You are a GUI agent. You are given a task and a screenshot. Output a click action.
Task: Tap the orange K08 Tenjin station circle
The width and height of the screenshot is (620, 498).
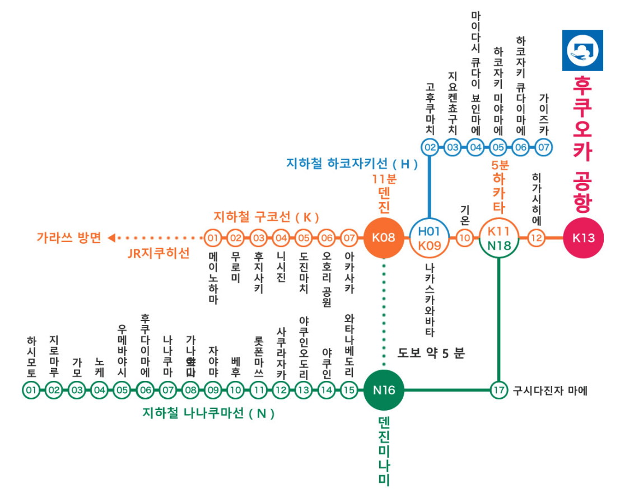tap(384, 238)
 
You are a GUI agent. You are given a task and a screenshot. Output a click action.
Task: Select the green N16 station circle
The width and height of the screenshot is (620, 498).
tap(384, 390)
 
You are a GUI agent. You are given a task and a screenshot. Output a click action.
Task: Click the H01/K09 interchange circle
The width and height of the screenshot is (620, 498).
tap(429, 238)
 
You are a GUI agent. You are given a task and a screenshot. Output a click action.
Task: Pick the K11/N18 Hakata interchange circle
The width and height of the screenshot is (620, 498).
tap(498, 238)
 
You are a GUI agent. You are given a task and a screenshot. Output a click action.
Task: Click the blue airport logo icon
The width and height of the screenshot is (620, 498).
tap(582, 50)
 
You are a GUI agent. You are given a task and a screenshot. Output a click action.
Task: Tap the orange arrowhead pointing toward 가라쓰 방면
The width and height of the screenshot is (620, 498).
tap(111, 238)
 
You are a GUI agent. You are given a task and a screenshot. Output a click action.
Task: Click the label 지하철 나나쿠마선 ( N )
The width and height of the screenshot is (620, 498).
tap(208, 414)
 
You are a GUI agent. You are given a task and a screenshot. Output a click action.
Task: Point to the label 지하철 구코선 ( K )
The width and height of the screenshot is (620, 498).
tap(266, 216)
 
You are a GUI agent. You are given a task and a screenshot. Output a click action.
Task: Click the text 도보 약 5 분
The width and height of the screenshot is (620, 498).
tap(431, 353)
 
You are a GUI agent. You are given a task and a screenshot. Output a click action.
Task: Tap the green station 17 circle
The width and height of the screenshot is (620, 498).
tap(498, 390)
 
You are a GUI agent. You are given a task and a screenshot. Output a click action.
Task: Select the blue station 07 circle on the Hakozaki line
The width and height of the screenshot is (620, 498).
tap(543, 148)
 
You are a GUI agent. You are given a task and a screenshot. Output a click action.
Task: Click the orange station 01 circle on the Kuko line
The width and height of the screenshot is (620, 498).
tap(212, 238)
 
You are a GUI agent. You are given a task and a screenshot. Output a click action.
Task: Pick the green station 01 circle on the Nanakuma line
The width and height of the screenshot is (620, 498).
tap(31, 390)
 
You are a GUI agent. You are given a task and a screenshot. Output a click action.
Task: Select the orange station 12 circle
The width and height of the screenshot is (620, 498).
tap(537, 238)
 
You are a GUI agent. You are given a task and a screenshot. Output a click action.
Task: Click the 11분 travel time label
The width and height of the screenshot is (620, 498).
tap(384, 180)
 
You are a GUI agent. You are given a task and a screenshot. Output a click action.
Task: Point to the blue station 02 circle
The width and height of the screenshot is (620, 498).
tap(430, 148)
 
